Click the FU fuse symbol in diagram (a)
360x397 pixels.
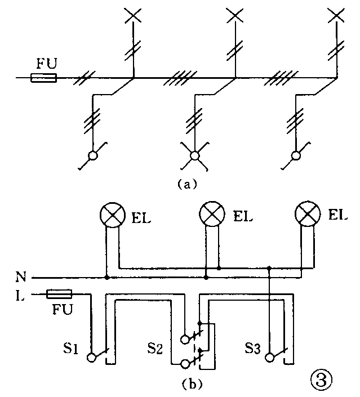tap(43, 78)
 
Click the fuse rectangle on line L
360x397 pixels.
tap(59, 293)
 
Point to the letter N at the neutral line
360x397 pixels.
tap(21, 278)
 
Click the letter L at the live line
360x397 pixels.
tap(21, 294)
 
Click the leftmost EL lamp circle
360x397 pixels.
tap(112, 216)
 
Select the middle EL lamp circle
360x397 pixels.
tap(212, 216)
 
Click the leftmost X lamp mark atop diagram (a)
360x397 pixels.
tap(133, 15)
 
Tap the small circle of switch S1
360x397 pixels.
tap(91, 357)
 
